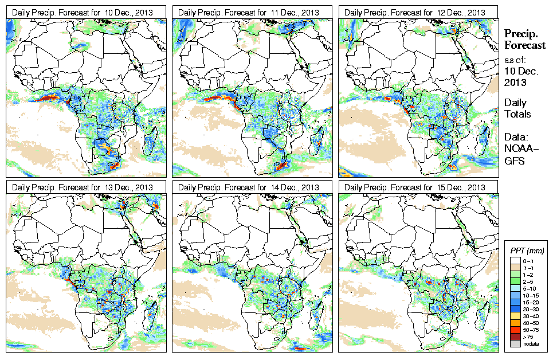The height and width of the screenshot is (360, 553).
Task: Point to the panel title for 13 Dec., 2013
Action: click(83, 187)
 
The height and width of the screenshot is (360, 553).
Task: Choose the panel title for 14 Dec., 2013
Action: click(249, 187)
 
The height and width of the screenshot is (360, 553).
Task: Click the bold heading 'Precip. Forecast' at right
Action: click(524, 40)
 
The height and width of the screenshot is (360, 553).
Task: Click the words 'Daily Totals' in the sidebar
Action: click(517, 108)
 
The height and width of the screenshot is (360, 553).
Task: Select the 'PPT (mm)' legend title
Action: click(527, 251)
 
